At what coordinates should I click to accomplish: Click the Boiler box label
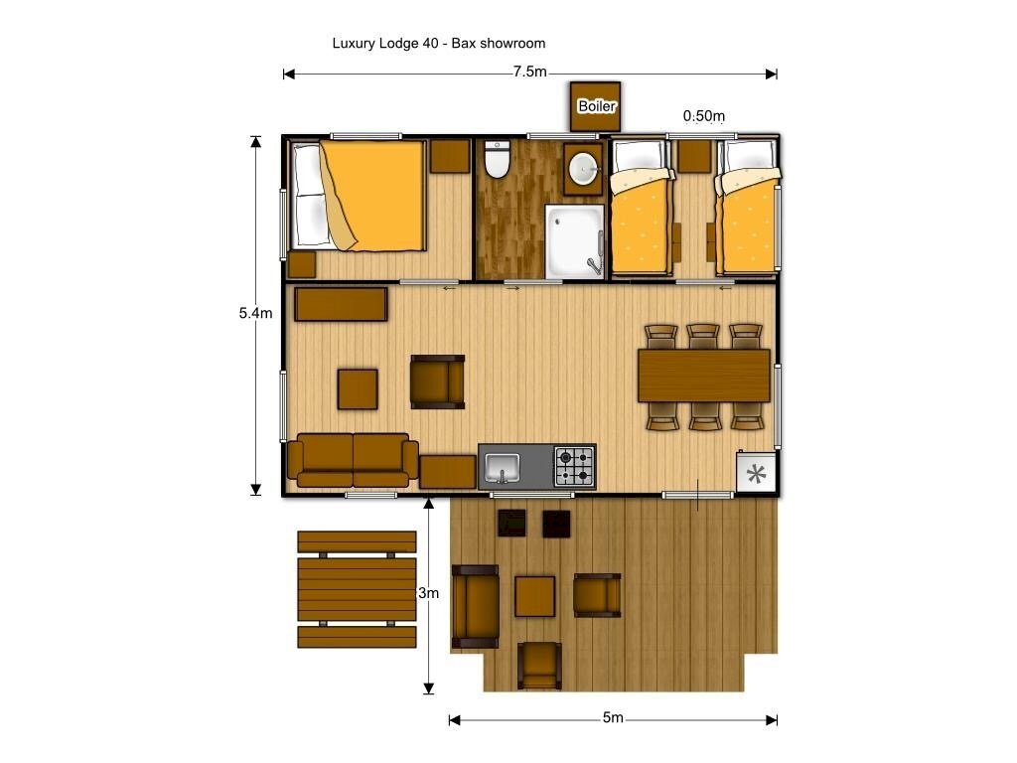[x=596, y=105]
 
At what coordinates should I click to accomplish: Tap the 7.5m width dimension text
[x=529, y=72]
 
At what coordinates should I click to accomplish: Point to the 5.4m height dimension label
[x=255, y=313]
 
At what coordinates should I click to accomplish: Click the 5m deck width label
[x=613, y=718]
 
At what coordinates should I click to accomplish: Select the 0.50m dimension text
[x=703, y=116]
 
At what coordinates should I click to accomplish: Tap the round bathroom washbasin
[x=584, y=169]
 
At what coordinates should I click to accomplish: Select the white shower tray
[x=574, y=242]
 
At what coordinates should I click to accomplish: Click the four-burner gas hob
[x=574, y=465]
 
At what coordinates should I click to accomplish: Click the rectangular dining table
[x=703, y=375]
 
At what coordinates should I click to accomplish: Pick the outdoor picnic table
[x=357, y=589]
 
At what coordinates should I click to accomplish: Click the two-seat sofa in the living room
[x=353, y=459]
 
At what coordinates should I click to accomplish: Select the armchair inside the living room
[x=438, y=381]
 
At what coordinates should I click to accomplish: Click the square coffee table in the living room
[x=358, y=388]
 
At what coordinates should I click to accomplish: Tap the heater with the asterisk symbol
[x=756, y=473]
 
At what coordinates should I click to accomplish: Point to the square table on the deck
[x=534, y=596]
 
